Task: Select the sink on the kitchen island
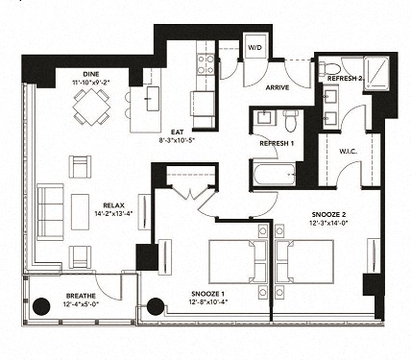tap(153, 96)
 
